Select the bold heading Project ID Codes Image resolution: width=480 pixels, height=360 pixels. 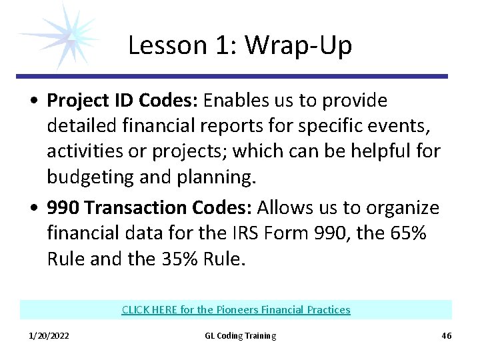point(122,101)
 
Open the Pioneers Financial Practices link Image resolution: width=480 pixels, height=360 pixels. point(236,310)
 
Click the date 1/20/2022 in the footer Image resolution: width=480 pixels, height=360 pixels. point(49,336)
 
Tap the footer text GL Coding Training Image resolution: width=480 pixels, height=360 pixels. point(240,336)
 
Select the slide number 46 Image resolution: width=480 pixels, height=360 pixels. point(446,336)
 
